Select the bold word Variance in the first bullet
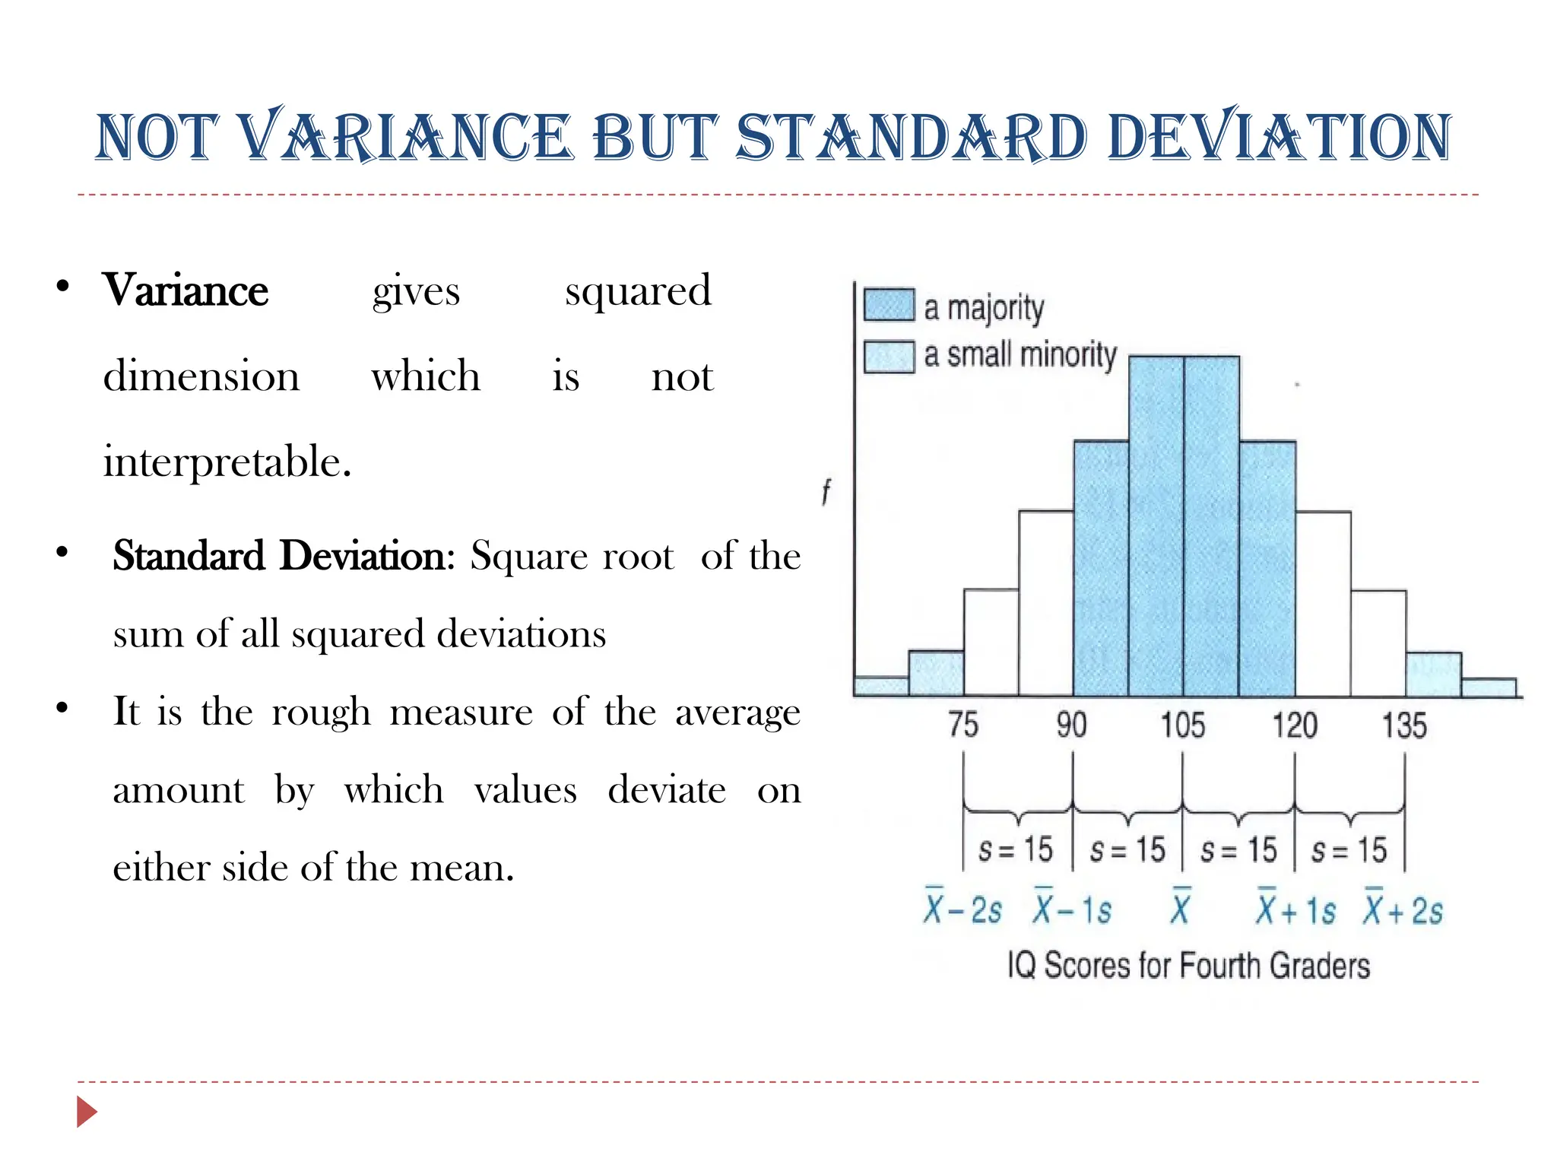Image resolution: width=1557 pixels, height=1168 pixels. click(x=186, y=290)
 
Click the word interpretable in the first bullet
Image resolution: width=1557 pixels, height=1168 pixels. click(x=227, y=462)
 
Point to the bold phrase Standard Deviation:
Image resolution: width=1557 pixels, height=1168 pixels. click(x=284, y=555)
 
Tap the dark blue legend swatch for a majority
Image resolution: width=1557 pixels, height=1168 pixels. click(x=889, y=306)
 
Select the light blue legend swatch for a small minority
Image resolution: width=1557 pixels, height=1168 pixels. click(x=889, y=357)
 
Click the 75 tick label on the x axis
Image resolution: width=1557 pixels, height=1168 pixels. click(x=963, y=725)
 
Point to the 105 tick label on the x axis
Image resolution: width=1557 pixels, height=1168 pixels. click(x=1182, y=725)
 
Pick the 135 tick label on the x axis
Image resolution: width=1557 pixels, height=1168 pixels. click(x=1404, y=725)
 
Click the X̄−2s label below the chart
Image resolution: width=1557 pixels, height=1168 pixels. click(x=962, y=909)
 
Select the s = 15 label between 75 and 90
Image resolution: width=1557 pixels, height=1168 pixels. click(x=1015, y=849)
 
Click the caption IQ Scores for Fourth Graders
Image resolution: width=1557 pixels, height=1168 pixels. click(x=1188, y=966)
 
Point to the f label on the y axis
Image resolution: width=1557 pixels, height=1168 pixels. click(x=826, y=492)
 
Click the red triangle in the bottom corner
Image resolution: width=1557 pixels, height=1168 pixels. click(x=87, y=1112)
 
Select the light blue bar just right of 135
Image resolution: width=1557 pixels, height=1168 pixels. click(x=1433, y=674)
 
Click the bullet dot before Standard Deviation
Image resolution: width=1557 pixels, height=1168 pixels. click(x=62, y=552)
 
